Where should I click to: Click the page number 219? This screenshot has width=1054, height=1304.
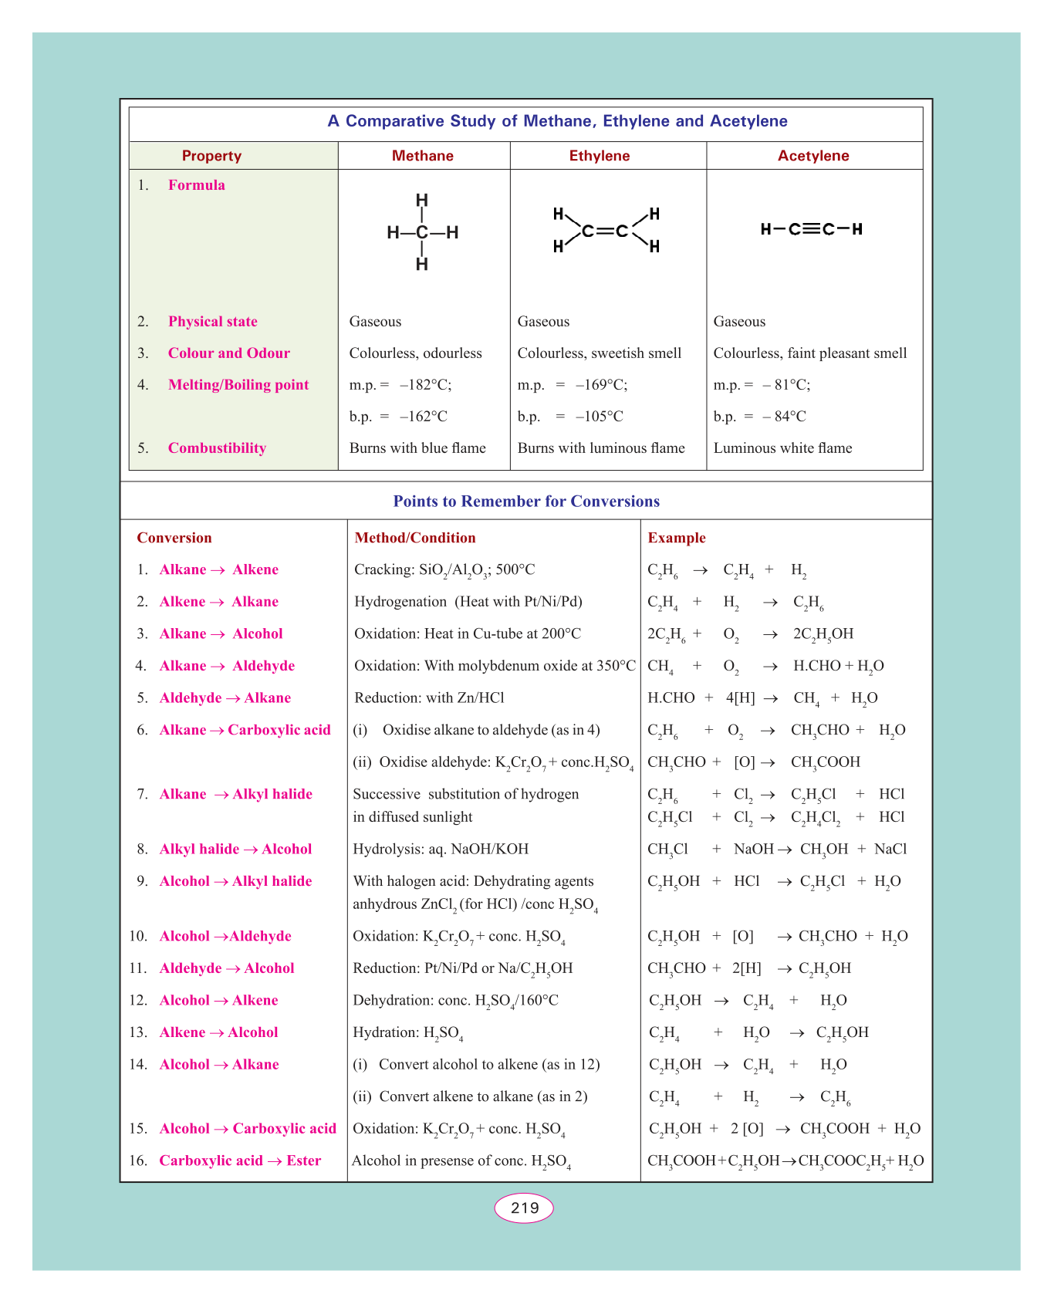(x=524, y=1208)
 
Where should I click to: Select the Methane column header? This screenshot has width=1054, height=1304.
(x=423, y=156)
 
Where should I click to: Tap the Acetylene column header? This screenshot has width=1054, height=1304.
(x=813, y=156)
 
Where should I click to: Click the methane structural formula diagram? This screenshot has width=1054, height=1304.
(x=422, y=232)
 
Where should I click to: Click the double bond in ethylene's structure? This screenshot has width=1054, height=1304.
(x=605, y=231)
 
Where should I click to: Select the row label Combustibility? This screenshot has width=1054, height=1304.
(x=217, y=448)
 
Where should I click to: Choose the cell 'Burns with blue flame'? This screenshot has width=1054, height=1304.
(x=417, y=448)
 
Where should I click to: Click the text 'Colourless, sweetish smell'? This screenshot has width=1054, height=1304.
(x=600, y=353)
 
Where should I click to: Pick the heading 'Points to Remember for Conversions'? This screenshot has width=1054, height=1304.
(x=526, y=502)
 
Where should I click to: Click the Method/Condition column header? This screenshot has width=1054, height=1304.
(x=415, y=538)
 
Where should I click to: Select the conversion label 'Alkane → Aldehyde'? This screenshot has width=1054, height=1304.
(x=227, y=666)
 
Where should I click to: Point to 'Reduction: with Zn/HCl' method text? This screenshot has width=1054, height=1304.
(x=429, y=698)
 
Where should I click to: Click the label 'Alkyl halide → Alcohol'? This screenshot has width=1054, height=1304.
(x=235, y=850)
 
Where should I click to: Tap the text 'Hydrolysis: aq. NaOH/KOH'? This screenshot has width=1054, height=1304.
(x=441, y=850)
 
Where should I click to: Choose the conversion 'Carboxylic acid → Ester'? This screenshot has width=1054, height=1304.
(x=240, y=1160)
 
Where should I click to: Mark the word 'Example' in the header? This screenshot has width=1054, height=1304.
(x=677, y=538)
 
